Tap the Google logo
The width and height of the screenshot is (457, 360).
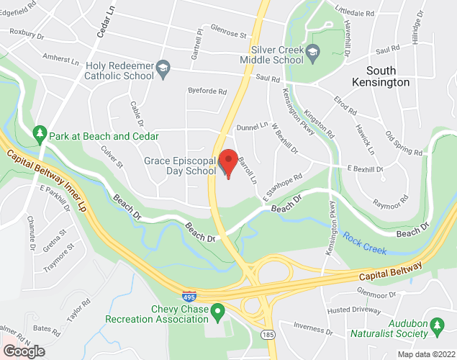(x=23, y=351)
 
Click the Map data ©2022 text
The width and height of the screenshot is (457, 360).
(x=427, y=354)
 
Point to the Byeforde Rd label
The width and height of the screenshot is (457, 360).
(x=207, y=91)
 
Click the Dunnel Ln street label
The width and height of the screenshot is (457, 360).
(x=253, y=127)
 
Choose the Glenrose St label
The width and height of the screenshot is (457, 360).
(x=228, y=32)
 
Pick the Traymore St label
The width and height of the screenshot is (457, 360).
(x=60, y=258)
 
